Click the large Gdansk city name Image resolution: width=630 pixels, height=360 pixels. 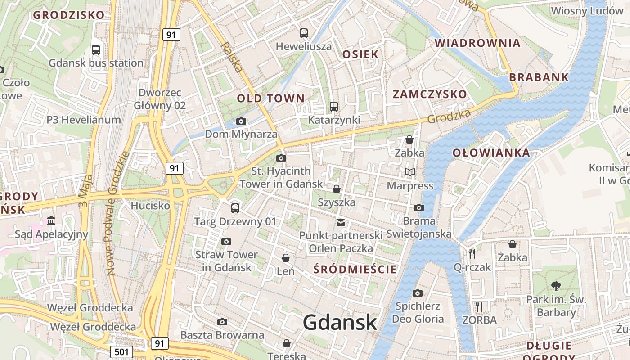click(339, 322)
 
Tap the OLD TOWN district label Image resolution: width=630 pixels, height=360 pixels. click(271, 98)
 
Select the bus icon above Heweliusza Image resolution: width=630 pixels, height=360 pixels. click(304, 33)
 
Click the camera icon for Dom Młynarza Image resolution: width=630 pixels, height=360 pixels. click(241, 121)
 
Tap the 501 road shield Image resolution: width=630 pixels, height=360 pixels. click(121, 351)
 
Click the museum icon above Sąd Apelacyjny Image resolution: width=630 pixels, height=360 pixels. click(51, 221)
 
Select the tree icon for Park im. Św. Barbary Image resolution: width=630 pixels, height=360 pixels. click(556, 286)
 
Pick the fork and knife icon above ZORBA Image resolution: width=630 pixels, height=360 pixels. click(479, 307)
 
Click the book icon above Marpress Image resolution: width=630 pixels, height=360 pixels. click(409, 172)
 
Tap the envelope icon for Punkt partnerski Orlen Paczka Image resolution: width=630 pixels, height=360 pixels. click(341, 222)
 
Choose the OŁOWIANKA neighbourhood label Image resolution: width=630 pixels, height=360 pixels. click(491, 153)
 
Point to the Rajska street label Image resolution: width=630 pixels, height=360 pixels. click(232, 58)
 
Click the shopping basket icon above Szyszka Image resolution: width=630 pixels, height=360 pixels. click(336, 189)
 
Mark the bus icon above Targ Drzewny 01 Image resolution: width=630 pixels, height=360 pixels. click(235, 208)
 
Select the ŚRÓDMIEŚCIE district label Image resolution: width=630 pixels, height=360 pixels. click(355, 270)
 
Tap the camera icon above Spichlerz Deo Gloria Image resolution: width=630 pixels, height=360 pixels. click(417, 293)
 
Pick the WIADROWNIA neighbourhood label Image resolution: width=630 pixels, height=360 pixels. click(477, 43)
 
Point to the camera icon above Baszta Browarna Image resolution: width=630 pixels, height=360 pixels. click(222, 322)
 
